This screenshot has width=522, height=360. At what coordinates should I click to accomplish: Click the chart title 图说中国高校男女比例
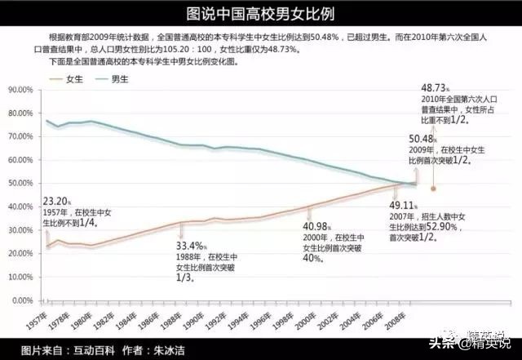[260, 13]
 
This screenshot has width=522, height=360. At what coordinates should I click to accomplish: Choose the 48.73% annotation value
[436, 87]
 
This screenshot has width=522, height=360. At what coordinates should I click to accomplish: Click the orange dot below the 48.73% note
[433, 189]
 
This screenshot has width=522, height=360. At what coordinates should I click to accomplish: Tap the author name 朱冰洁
[168, 350]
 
